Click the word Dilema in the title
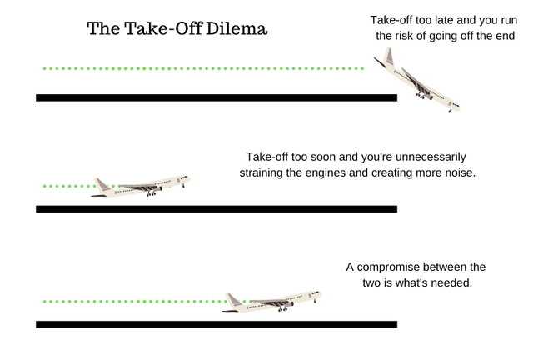(237, 28)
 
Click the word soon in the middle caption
(322, 157)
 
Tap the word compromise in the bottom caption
(386, 267)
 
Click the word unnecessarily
(431, 157)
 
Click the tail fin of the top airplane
(388, 57)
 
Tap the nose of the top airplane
(458, 107)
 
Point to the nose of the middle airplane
(189, 177)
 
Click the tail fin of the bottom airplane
(232, 299)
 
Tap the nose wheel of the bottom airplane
(315, 301)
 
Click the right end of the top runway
(397, 97)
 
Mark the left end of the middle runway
(36, 209)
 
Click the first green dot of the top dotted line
(44, 68)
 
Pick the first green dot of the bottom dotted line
(44, 302)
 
